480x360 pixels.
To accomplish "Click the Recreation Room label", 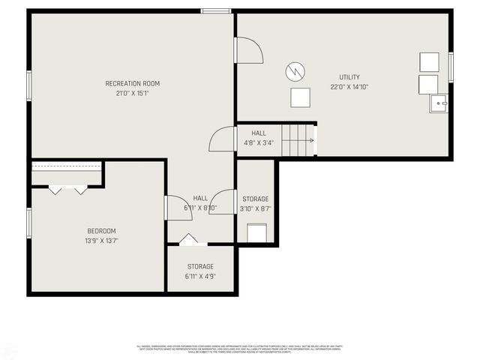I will coord(132,83).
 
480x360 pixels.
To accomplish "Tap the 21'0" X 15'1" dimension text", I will coord(132,94).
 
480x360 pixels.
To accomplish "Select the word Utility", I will coord(349,77).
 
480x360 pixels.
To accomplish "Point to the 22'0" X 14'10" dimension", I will coord(349,87).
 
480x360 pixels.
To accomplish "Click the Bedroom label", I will coord(101,231).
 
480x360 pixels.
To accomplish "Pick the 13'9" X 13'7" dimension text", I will coord(101,241).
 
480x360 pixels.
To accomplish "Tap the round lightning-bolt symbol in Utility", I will coord(295,72).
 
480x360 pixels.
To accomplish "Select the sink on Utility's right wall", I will coord(439,103).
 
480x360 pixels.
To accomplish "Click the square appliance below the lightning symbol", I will coord(300,97).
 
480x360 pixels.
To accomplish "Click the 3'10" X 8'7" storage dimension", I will coord(255,209).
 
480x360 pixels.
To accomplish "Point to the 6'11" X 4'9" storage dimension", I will coord(200,276).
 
